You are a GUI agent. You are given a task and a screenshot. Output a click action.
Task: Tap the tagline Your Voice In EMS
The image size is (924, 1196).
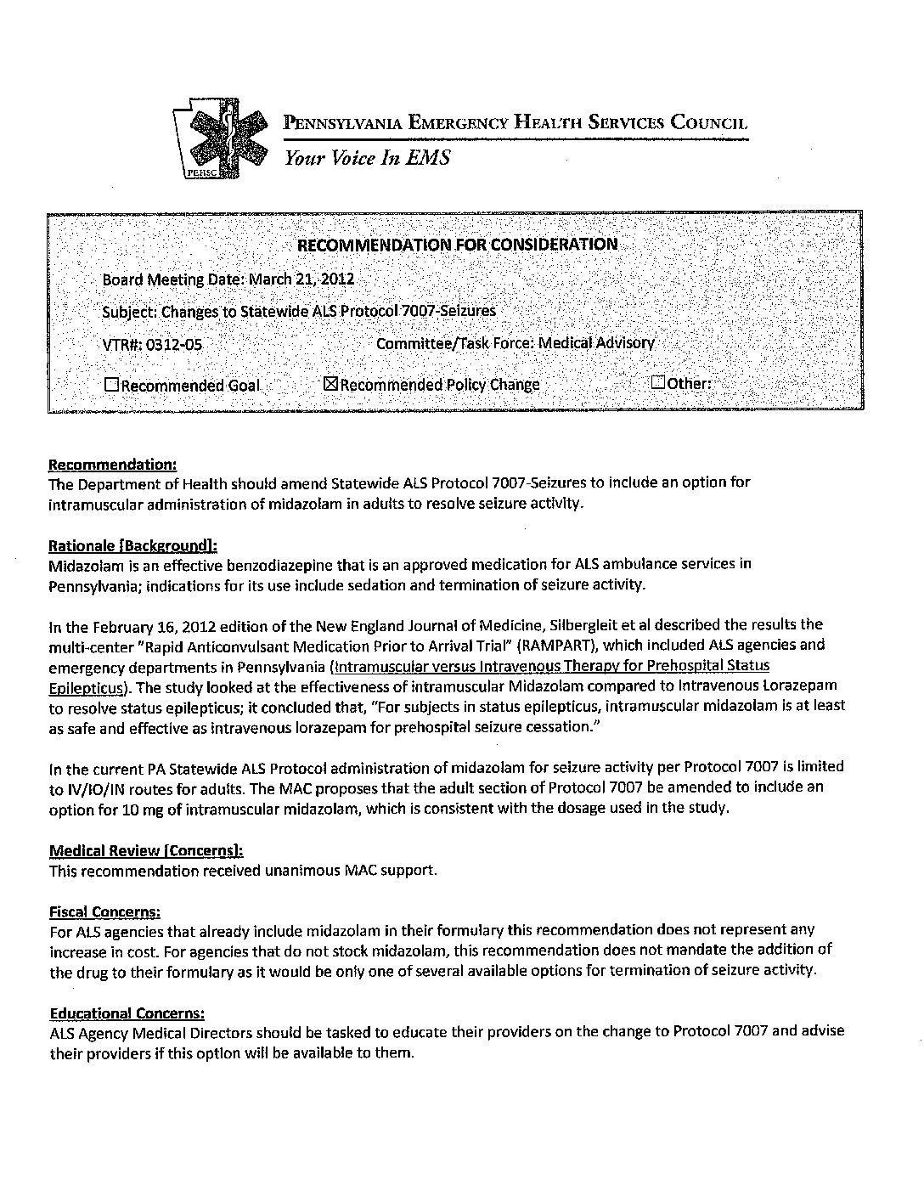pyautogui.click(x=367, y=158)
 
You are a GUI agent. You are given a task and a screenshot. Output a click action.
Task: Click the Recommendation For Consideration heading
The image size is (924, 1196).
pyautogui.click(x=456, y=245)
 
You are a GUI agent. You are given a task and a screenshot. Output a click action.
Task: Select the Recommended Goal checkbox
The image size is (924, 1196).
pyautogui.click(x=111, y=385)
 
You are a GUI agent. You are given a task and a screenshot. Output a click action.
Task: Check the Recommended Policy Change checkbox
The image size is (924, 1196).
pyautogui.click(x=331, y=384)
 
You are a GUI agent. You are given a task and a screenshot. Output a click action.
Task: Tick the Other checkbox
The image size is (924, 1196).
pyautogui.click(x=658, y=382)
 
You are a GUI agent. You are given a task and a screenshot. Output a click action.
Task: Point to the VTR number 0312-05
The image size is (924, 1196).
pyautogui.click(x=174, y=345)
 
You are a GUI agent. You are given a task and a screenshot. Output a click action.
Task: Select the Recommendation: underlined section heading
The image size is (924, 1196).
pyautogui.click(x=113, y=465)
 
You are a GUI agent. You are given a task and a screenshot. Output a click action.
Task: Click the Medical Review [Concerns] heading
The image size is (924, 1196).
pyautogui.click(x=146, y=850)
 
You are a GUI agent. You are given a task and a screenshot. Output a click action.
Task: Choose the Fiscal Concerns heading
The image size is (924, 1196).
pyautogui.click(x=104, y=911)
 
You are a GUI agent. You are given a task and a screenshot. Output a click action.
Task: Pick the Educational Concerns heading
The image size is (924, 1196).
pyautogui.click(x=127, y=1013)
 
